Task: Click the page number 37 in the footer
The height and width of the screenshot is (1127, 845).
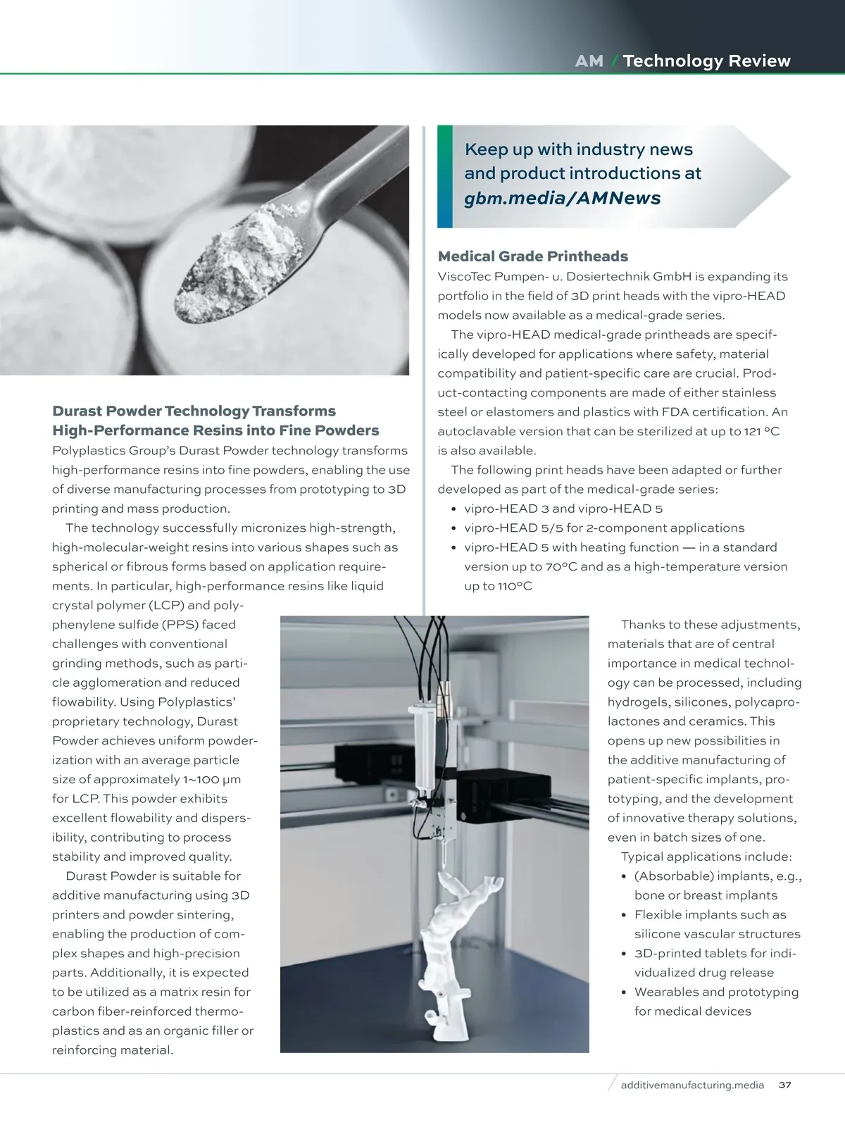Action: (785, 1085)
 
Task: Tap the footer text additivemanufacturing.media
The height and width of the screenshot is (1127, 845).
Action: (692, 1085)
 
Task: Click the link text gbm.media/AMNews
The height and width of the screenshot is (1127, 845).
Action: (562, 198)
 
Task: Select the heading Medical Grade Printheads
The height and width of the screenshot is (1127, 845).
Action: (532, 256)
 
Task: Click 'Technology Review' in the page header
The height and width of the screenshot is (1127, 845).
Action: (706, 61)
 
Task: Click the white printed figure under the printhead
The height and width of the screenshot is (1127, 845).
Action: (451, 944)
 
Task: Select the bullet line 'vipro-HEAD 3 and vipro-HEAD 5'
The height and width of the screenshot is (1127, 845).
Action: (563, 509)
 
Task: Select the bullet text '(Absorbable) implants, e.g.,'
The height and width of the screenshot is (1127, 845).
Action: (718, 876)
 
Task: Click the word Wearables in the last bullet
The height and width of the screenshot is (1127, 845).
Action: (666, 992)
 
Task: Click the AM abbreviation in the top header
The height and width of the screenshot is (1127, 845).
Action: (589, 61)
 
